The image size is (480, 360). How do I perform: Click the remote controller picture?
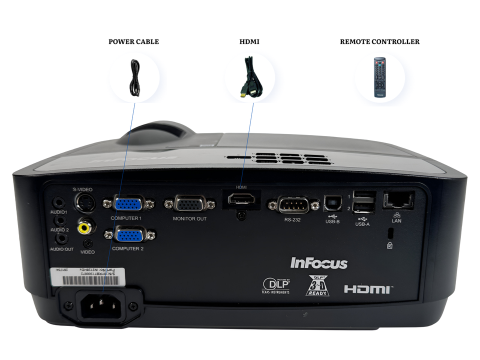[x=379, y=77]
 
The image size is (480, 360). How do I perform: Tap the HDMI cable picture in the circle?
[x=249, y=77]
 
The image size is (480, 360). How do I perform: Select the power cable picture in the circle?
[x=134, y=77]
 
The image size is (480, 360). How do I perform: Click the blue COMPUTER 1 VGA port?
[x=128, y=204]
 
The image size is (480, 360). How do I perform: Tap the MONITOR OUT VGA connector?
[x=189, y=204]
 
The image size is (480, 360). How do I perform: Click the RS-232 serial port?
[x=292, y=204]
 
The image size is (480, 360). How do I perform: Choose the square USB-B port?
[x=330, y=202]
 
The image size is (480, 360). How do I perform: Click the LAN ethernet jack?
[x=397, y=200]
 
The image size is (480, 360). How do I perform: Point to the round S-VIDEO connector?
[x=83, y=203]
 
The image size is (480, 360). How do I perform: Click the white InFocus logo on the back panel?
[x=319, y=262]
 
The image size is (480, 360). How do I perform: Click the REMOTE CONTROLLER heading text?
[x=379, y=42]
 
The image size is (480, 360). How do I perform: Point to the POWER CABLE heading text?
[x=133, y=42]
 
